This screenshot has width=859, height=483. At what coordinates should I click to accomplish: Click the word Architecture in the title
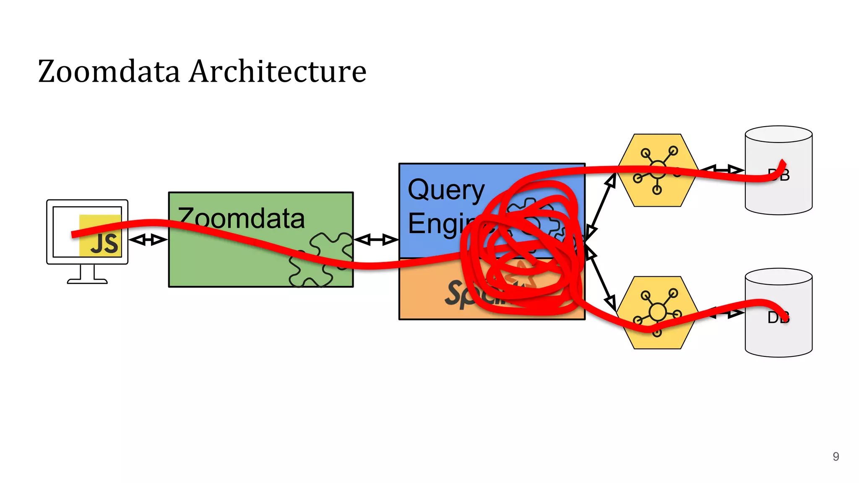[x=278, y=71]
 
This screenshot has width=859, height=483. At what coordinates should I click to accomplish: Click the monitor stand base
[x=87, y=281]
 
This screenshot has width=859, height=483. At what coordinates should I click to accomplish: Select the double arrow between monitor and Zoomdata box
[x=148, y=240]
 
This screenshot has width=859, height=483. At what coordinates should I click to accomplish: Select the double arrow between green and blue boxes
[x=376, y=240]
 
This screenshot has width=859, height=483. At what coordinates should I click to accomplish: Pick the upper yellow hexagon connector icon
[x=657, y=170]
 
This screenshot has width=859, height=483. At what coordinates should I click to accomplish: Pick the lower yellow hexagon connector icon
[x=657, y=312]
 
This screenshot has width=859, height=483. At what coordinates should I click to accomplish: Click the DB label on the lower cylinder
[x=778, y=318]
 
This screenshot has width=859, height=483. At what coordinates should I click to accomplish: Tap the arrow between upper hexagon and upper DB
[x=721, y=170]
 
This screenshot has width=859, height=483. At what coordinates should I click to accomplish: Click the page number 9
[x=836, y=457]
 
